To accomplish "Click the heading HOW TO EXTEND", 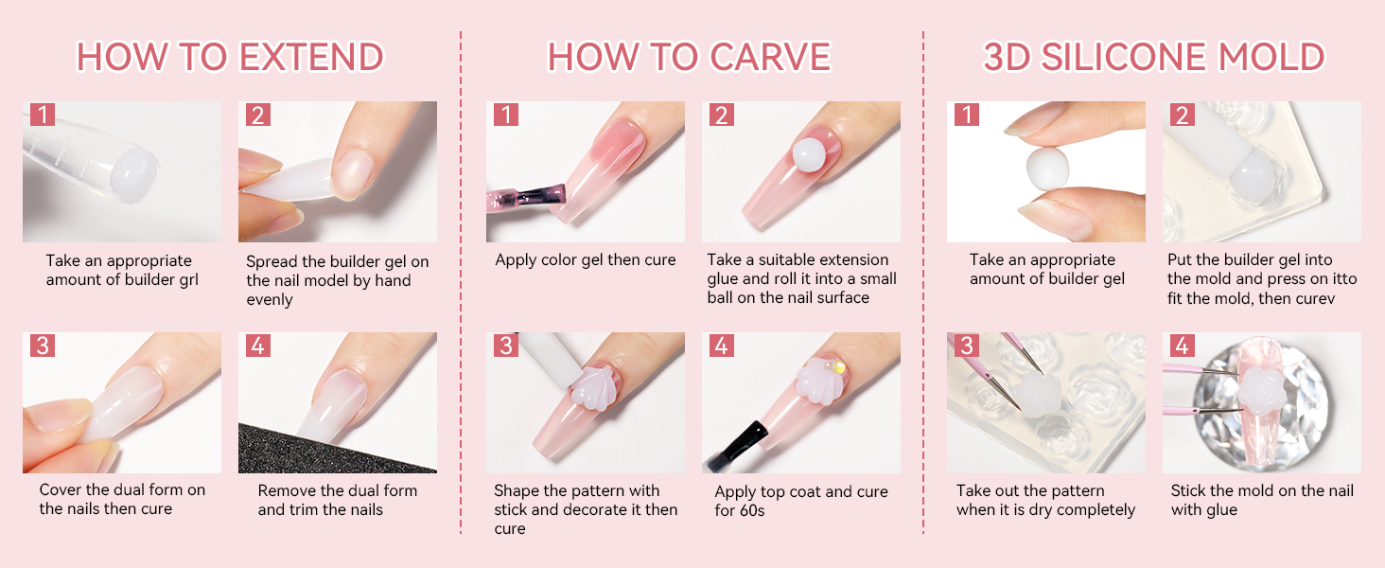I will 230,57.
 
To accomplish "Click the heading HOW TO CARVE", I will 689,57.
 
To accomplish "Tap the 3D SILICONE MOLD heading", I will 1153,57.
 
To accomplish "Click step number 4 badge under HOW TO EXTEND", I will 257,346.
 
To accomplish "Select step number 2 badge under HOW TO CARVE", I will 721,115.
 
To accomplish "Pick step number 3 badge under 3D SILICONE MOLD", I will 967,346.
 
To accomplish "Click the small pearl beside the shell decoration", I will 838,366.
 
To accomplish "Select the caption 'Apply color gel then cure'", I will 586,260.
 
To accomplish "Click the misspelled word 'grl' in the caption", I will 186,280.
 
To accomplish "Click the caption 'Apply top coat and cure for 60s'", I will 800,501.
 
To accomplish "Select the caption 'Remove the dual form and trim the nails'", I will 337,500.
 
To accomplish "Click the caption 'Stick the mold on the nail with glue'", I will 1261,500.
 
